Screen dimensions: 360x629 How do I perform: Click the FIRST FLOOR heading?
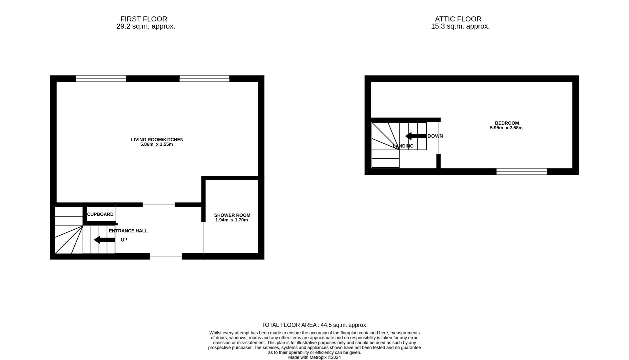click(144, 19)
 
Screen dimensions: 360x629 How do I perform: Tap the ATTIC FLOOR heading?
click(458, 19)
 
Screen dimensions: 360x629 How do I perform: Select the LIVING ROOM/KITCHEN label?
click(157, 140)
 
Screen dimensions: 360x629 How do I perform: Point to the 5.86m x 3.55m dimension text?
click(157, 145)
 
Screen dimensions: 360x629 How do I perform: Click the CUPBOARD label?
click(100, 214)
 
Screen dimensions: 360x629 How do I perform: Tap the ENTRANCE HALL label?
click(128, 231)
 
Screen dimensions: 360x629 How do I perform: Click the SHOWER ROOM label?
click(232, 215)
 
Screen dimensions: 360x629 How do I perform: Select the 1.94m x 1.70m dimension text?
click(232, 220)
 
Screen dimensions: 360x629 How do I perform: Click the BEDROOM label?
click(507, 123)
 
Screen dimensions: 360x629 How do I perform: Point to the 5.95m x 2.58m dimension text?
click(506, 128)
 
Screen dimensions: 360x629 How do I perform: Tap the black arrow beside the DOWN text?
click(415, 136)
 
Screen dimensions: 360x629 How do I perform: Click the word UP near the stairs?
click(124, 240)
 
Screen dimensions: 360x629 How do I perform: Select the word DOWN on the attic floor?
click(435, 136)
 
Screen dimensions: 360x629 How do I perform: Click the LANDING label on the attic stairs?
click(403, 146)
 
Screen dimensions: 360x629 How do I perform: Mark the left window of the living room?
click(101, 79)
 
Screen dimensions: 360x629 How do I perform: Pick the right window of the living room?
click(204, 79)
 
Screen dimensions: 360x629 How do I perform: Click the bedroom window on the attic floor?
click(521, 172)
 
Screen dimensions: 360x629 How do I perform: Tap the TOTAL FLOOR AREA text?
click(314, 325)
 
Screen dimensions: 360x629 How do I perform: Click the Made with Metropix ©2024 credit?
click(314, 357)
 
